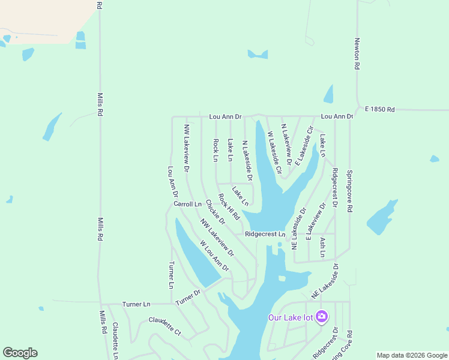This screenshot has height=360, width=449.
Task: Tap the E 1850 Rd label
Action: (x=381, y=110)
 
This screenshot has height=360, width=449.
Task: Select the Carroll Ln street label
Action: (x=187, y=204)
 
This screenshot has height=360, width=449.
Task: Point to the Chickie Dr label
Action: (x=214, y=212)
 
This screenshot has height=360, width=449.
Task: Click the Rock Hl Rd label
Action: (x=229, y=206)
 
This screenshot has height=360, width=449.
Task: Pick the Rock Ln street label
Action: (x=216, y=150)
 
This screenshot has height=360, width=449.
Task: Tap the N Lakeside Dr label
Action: (x=246, y=160)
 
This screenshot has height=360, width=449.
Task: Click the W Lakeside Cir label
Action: (x=274, y=152)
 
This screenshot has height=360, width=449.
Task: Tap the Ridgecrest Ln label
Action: (x=265, y=234)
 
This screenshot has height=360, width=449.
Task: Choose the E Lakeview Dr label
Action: (x=316, y=221)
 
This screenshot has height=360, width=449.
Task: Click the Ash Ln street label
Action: (x=322, y=247)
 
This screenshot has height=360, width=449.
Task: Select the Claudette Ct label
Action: (x=165, y=328)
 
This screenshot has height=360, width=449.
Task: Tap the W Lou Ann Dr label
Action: (x=215, y=256)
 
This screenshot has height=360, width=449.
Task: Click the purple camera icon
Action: (x=322, y=316)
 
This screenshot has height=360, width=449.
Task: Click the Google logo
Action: (x=20, y=353)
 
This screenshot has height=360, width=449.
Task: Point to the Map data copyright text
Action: (x=411, y=355)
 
